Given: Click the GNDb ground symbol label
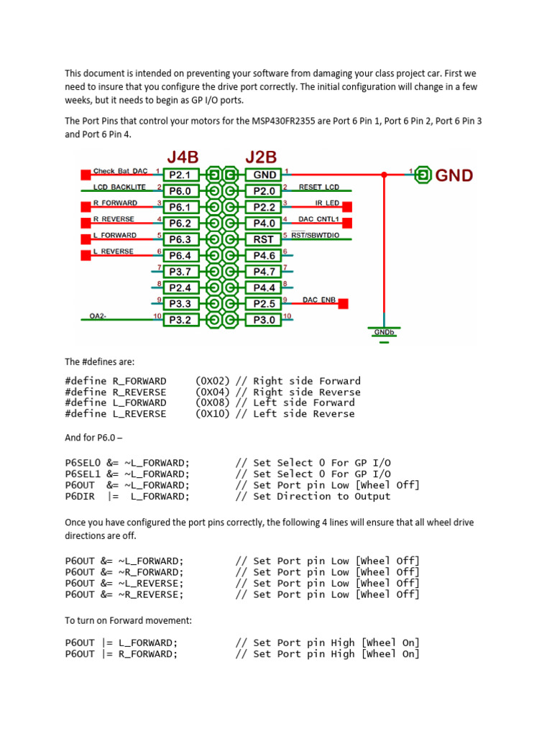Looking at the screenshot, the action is pyautogui.click(x=383, y=332).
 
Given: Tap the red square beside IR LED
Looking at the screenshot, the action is pyautogui.click(x=347, y=207).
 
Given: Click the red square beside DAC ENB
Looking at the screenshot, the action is pyautogui.click(x=343, y=304).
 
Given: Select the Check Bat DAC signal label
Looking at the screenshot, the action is pyautogui.click(x=120, y=171).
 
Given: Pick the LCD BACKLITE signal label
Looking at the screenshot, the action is pyautogui.click(x=119, y=187).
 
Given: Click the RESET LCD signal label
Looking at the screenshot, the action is pyautogui.click(x=318, y=187).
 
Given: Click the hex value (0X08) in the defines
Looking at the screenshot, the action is pyautogui.click(x=212, y=402).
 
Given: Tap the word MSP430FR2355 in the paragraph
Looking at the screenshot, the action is pyautogui.click(x=287, y=121).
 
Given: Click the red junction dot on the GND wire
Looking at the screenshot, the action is pyautogui.click(x=384, y=174).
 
